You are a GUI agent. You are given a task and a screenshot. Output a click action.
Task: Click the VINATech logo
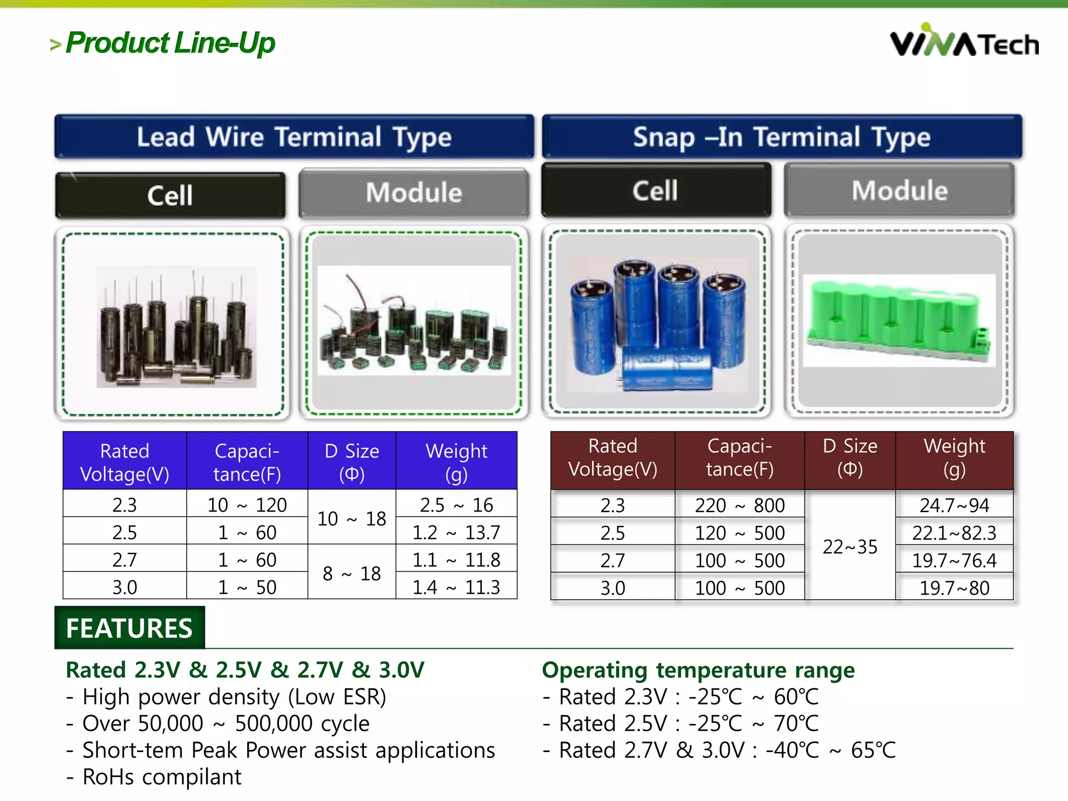(x=964, y=42)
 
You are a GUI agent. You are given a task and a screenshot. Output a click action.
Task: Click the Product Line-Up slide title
(x=170, y=43)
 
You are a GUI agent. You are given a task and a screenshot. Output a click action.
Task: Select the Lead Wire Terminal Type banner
(x=294, y=137)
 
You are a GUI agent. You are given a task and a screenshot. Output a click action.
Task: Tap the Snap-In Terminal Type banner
(x=782, y=137)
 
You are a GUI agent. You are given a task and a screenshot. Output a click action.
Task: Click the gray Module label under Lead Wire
(x=414, y=192)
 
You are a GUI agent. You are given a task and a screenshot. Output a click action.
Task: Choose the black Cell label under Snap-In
(x=656, y=190)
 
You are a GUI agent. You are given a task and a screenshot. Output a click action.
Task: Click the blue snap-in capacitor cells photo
(x=657, y=323)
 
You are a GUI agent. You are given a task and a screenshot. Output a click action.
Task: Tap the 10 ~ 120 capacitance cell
(x=247, y=504)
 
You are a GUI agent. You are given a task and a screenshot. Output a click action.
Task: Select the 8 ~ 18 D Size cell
(x=351, y=573)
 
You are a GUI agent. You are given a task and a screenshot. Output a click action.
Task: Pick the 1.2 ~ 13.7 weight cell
(x=456, y=532)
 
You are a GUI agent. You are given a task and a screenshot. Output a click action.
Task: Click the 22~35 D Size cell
(x=849, y=546)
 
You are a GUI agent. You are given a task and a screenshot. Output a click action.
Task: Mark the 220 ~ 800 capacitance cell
(x=739, y=505)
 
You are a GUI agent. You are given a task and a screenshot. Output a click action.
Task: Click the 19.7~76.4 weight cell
(x=954, y=560)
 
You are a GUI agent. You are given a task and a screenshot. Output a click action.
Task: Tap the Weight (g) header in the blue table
(x=456, y=462)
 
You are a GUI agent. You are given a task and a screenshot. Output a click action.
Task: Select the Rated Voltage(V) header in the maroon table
(x=613, y=457)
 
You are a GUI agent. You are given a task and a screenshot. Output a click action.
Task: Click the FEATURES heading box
(x=129, y=628)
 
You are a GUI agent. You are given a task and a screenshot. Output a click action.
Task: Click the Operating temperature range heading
(x=698, y=670)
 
